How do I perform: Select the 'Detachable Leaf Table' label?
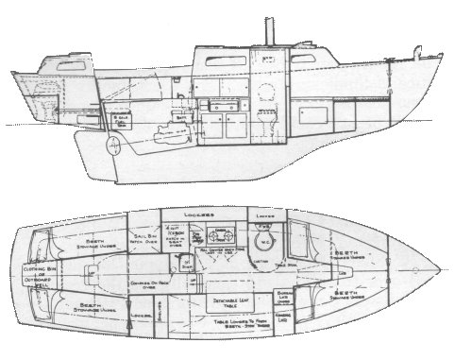click(227, 303)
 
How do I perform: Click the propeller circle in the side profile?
click(113, 146)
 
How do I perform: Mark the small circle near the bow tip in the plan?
click(415, 269)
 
